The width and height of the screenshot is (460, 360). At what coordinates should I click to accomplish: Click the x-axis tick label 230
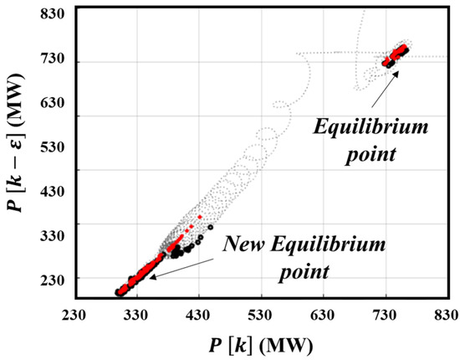74,315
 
